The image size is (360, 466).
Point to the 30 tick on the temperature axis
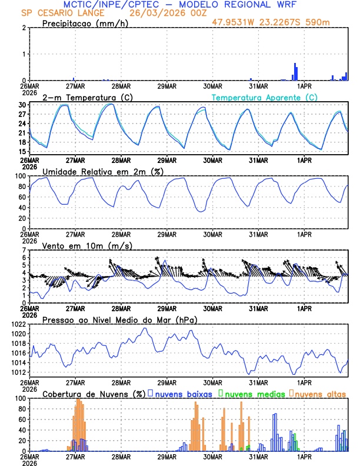pos(22,105)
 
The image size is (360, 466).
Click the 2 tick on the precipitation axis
pos(24,28)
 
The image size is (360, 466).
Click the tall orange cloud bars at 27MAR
pos(78,424)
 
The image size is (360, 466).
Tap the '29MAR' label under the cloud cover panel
pos(166,457)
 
